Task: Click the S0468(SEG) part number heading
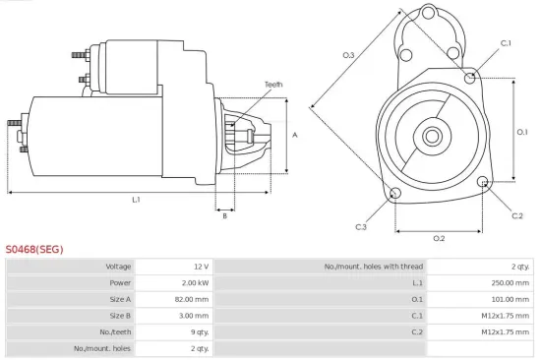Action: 34,250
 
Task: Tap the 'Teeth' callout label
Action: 273,85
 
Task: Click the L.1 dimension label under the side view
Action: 136,200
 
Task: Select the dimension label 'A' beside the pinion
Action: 295,135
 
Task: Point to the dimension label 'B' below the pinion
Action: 224,216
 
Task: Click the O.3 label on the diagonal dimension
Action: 348,55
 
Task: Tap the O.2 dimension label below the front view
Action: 439,238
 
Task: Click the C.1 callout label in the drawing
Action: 506,43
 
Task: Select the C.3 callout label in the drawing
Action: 361,227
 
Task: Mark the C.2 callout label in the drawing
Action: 517,215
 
